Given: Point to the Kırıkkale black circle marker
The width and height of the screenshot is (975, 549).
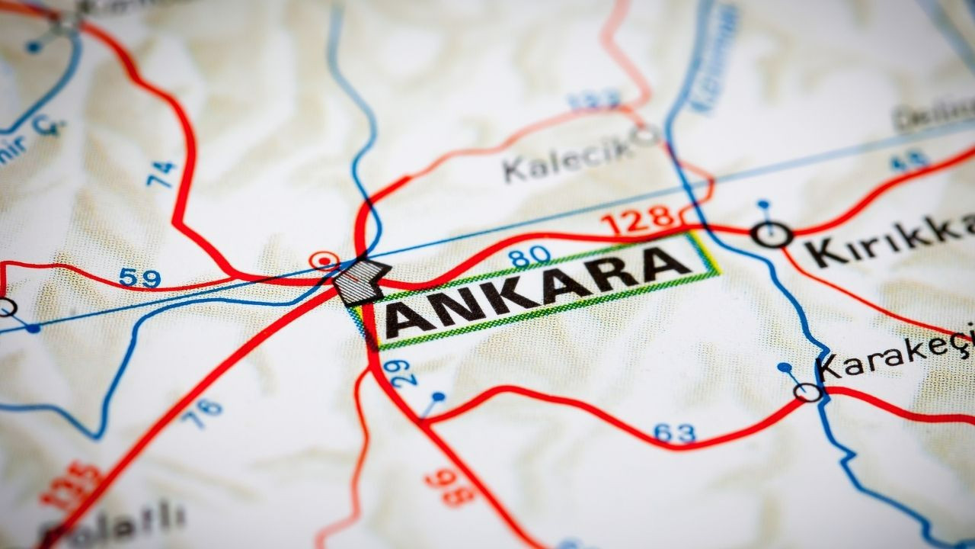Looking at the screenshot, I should coord(772,233).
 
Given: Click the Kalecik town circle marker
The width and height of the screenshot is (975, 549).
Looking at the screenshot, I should coord(645,136).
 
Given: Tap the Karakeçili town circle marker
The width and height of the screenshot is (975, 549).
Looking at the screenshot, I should coord(807,392).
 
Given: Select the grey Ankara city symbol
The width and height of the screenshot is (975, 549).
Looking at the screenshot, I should coord(361,282).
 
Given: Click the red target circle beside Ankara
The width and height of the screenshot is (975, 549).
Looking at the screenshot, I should coord(325,262).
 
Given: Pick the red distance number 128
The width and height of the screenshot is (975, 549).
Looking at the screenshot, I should coord(638,221).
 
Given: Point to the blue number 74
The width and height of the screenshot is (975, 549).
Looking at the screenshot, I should coord(161,174).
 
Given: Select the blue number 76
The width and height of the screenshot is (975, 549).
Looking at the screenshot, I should coord(205,413).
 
